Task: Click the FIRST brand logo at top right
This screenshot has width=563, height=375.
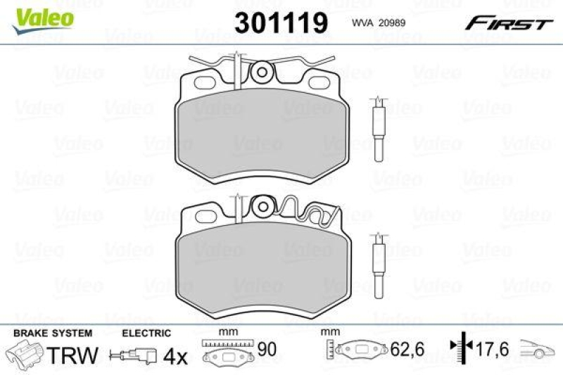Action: tap(507, 23)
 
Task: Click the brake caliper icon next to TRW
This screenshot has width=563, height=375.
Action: tap(25, 354)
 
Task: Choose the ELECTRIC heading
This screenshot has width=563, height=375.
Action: tap(146, 333)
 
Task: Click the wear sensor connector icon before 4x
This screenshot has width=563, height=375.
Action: tap(138, 356)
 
